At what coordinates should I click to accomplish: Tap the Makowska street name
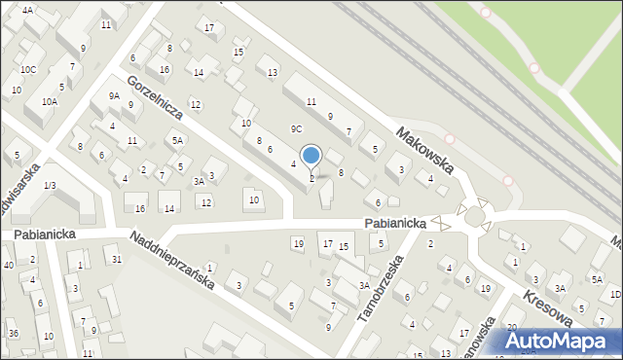point(425,149)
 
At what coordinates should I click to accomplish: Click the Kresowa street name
point(559,311)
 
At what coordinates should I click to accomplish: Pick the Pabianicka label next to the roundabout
point(396,223)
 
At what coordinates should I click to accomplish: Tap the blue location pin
point(311,156)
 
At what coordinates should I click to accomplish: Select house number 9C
point(296,128)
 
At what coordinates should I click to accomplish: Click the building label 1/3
point(50,185)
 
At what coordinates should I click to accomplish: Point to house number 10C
point(29,69)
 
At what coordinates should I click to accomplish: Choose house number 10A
point(49,101)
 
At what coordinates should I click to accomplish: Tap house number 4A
point(27,10)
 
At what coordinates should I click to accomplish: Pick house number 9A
point(114,95)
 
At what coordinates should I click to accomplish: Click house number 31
point(117,258)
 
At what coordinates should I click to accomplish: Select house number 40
point(8,265)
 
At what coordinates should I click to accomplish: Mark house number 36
point(14,334)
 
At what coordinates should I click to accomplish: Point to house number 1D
point(615,294)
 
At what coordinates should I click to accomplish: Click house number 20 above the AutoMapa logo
point(511,327)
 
